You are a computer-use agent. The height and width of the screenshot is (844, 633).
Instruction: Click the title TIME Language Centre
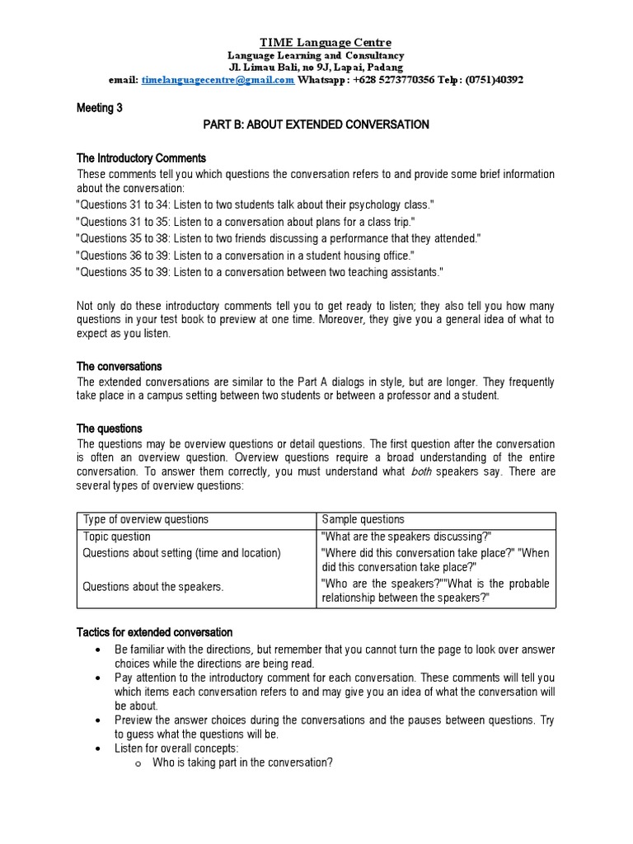314,42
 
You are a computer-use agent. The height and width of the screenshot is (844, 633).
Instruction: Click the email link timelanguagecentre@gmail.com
218,80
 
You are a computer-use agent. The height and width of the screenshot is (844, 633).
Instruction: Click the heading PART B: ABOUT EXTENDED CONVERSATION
316,124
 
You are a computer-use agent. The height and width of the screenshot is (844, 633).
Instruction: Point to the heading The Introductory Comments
141,157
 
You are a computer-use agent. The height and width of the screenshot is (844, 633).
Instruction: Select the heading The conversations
119,366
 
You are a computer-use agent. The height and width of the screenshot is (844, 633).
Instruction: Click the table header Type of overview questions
146,520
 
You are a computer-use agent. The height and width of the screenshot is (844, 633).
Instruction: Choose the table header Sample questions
363,520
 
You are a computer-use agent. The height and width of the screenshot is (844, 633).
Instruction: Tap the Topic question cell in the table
117,537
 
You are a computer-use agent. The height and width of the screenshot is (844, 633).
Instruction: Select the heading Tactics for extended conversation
155,632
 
